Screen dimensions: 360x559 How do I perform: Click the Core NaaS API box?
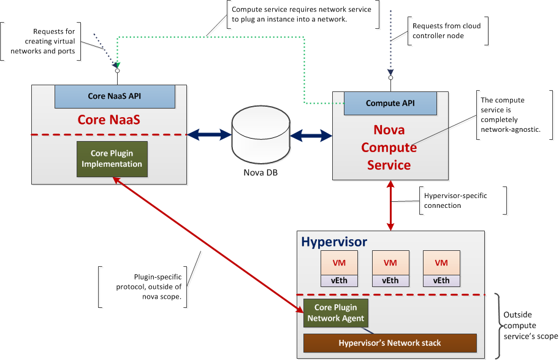[115, 96]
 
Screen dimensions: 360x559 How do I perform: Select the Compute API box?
[390, 103]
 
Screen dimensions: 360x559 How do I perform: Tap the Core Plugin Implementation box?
[112, 159]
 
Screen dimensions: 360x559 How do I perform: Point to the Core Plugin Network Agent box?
[335, 313]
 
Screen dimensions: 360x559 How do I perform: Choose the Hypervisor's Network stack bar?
[389, 343]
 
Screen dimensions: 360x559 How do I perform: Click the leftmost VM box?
[338, 263]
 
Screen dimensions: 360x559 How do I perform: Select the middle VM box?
[390, 263]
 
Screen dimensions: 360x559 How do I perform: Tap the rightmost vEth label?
[441, 281]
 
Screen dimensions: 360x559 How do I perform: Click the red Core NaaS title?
[108, 120]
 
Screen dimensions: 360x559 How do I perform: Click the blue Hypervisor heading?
[333, 241]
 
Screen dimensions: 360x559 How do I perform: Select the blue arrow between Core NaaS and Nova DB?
[209, 135]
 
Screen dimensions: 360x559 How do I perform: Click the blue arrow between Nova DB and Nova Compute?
[311, 135]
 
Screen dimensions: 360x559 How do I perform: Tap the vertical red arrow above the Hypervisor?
[390, 205]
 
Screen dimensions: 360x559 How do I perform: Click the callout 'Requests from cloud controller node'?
[446, 31]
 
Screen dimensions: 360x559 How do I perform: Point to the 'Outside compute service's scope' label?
[530, 325]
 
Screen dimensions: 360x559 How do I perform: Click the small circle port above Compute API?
[390, 78]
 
